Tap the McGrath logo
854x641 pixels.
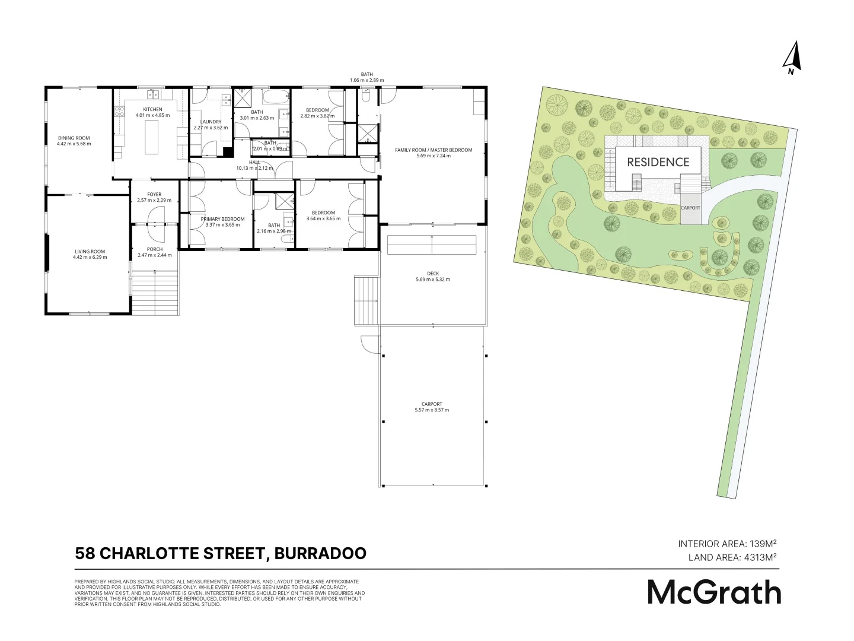(x=714, y=592)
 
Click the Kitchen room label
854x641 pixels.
(x=152, y=110)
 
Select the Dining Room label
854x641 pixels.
(x=74, y=138)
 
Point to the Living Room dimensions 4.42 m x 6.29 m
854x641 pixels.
(x=90, y=257)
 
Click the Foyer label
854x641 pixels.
(x=154, y=195)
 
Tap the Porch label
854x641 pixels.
(x=154, y=249)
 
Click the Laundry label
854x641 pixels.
(x=211, y=122)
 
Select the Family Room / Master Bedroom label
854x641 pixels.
(x=434, y=150)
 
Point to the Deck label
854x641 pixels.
(x=433, y=274)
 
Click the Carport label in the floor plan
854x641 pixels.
(x=433, y=404)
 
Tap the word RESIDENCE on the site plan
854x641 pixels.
(x=658, y=162)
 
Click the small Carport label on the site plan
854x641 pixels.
(x=690, y=208)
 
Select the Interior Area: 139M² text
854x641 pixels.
(x=727, y=543)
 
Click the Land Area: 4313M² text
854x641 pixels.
(x=732, y=557)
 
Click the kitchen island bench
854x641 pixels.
(x=152, y=137)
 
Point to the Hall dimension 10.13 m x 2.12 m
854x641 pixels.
(x=255, y=168)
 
